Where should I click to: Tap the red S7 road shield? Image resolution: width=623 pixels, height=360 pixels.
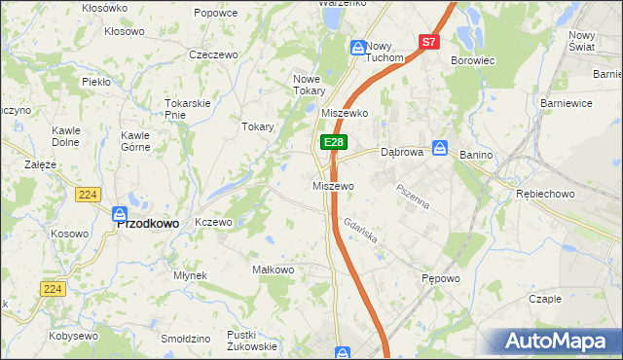tap(430, 42)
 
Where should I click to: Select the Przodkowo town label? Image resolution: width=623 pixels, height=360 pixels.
tap(147, 223)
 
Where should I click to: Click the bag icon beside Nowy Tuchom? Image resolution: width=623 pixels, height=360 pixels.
tap(357, 47)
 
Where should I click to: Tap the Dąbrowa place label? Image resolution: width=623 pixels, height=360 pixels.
tap(401, 152)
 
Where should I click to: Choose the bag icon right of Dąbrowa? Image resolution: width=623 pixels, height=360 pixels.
tap(440, 148)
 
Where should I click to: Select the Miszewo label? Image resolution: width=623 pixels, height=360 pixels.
tap(332, 185)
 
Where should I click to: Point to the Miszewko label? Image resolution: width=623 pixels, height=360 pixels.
tap(344, 113)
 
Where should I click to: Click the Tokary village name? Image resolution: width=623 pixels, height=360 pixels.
tap(257, 126)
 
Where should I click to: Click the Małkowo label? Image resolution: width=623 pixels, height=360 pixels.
tap(273, 269)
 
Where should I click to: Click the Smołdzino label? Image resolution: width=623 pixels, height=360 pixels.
tap(186, 339)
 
